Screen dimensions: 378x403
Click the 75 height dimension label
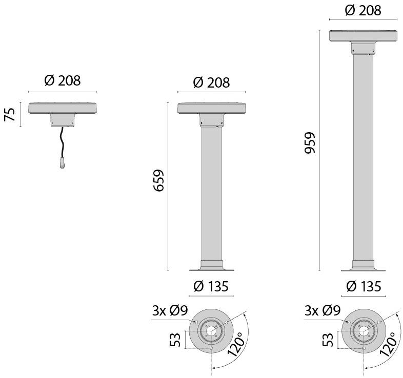tap(9, 114)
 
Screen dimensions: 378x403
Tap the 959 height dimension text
tap(310, 144)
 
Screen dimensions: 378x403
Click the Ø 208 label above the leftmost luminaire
tap(63, 80)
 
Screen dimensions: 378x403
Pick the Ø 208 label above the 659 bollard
tap(211, 82)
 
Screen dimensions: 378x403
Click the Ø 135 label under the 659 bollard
tap(211, 286)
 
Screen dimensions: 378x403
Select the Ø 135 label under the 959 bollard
tap(364, 286)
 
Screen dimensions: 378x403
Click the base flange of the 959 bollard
tap(364, 266)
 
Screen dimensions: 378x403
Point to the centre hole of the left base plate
tap(211, 330)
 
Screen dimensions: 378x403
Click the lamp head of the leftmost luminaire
tap(63, 108)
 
